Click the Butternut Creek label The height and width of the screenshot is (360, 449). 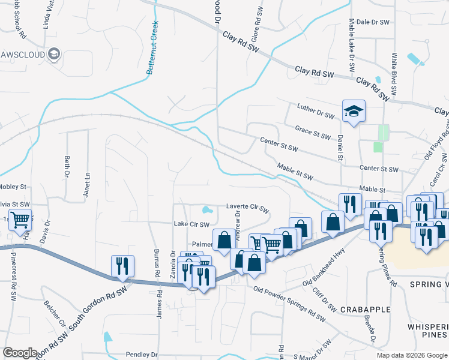[x=152, y=48]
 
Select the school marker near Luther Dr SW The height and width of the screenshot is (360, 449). [x=354, y=111]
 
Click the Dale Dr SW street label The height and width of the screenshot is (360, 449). [x=370, y=22]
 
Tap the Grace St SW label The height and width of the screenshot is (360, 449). [x=312, y=132]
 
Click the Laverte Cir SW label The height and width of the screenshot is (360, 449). [x=247, y=207]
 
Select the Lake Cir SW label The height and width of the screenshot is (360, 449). [x=191, y=224]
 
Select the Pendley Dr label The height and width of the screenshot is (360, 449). [x=142, y=355]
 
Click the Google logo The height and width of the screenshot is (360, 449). [x=20, y=353]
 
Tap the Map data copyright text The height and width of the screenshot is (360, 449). [x=412, y=355]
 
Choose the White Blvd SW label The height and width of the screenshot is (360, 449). [x=394, y=74]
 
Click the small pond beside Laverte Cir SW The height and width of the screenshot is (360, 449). [x=207, y=211]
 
